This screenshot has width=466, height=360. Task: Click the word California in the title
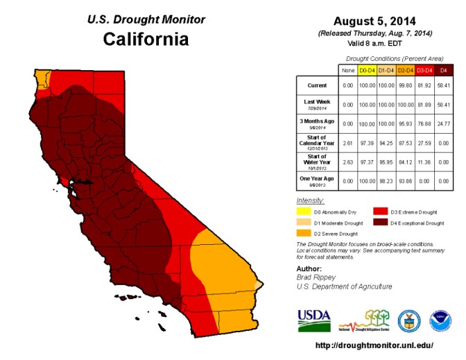tap(146, 38)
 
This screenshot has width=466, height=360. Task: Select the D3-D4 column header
tap(424, 70)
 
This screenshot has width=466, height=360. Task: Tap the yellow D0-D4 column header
tap(367, 70)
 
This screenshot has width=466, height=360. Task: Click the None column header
tap(347, 70)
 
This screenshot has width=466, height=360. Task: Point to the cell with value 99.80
tap(405, 85)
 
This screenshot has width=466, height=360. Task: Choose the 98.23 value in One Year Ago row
tap(386, 180)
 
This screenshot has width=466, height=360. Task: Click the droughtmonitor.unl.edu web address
tap(374, 345)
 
